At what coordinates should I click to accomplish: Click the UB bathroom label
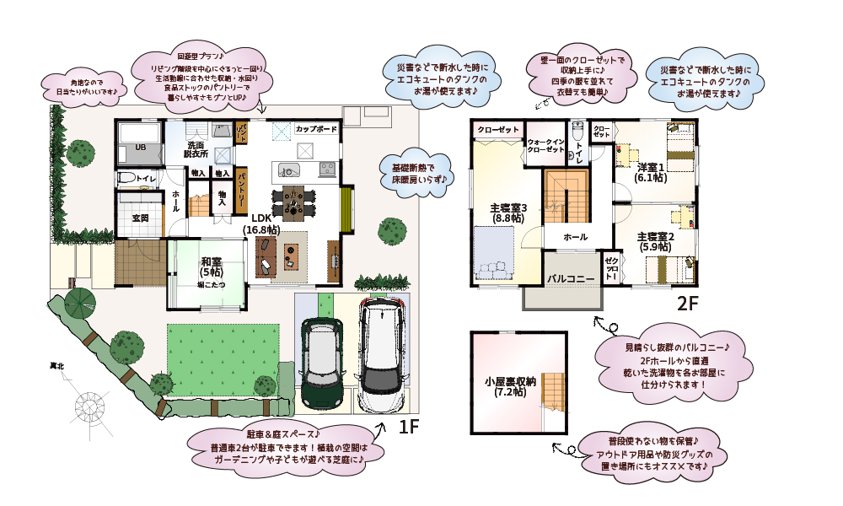pyautogui.click(x=131, y=148)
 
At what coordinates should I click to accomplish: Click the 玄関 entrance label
pyautogui.click(x=140, y=218)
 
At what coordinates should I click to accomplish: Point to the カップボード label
pyautogui.click(x=317, y=129)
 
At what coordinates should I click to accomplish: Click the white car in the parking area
pyautogui.click(x=381, y=354)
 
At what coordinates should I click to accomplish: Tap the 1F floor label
pyautogui.click(x=408, y=428)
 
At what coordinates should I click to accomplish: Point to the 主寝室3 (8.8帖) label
pyautogui.click(x=508, y=213)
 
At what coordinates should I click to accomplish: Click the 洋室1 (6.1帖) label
pyautogui.click(x=651, y=171)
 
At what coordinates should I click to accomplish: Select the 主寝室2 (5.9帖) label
pyautogui.click(x=655, y=242)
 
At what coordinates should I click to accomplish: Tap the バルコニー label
pyautogui.click(x=571, y=277)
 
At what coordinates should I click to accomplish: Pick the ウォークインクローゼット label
pyautogui.click(x=545, y=145)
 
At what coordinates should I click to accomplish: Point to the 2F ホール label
pyautogui.click(x=575, y=237)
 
